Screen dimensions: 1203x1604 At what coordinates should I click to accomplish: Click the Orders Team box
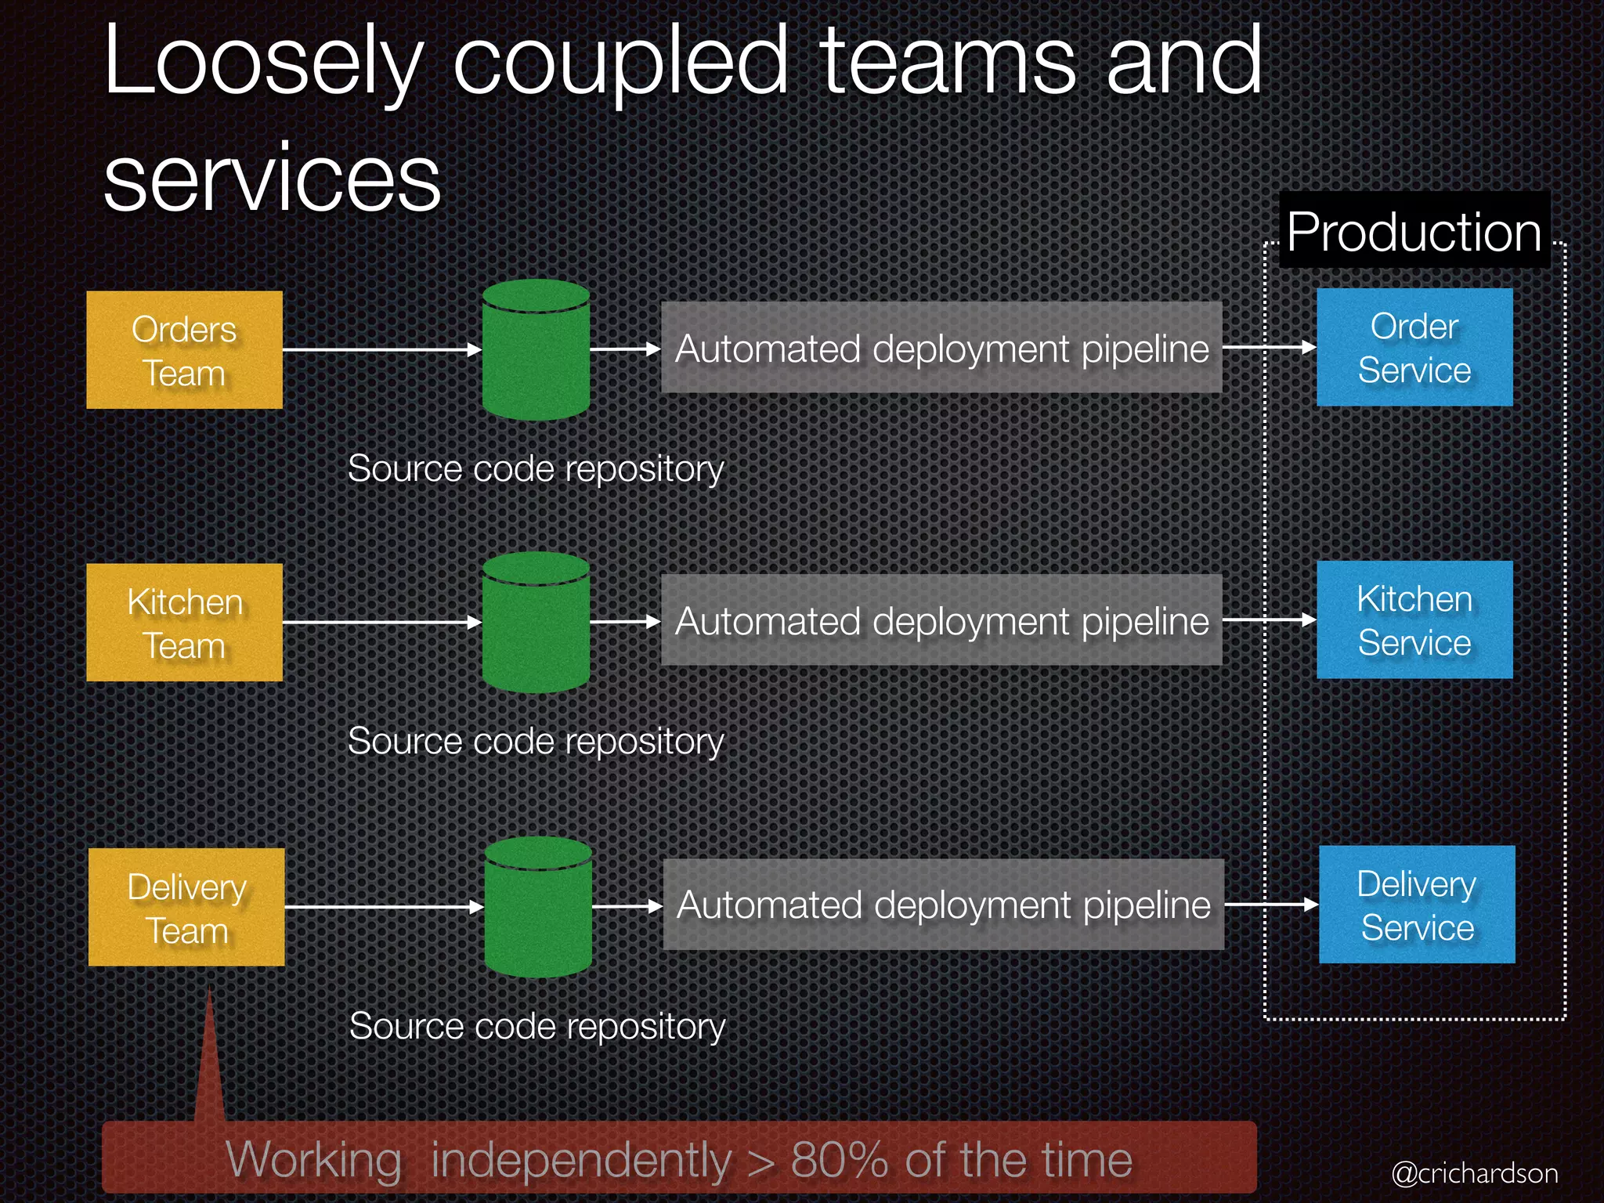184,350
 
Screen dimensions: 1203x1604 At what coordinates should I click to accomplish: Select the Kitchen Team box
184,623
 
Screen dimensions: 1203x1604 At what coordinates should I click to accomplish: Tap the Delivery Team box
186,907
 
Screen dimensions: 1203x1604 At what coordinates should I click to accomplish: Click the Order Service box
1414,347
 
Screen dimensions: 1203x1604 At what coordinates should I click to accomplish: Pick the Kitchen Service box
1414,620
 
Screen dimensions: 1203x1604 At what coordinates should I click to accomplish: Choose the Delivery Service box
1417,905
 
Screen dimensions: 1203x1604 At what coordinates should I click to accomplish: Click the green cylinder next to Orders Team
536,350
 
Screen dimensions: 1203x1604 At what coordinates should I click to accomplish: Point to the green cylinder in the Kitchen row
536,623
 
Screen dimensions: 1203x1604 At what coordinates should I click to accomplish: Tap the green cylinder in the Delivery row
538,907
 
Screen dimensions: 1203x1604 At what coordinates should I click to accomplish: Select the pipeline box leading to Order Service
941,348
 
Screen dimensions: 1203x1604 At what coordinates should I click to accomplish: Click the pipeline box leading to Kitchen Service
941,620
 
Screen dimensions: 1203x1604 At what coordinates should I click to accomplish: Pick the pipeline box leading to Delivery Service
943,905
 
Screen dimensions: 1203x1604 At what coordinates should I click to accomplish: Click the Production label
1414,232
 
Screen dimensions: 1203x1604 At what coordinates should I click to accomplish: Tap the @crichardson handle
1474,1173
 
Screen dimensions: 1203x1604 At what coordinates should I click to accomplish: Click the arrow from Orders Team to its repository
382,350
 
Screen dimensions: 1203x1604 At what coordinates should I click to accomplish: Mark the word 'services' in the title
273,179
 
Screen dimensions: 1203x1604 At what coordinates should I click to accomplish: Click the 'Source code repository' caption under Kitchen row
536,741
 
